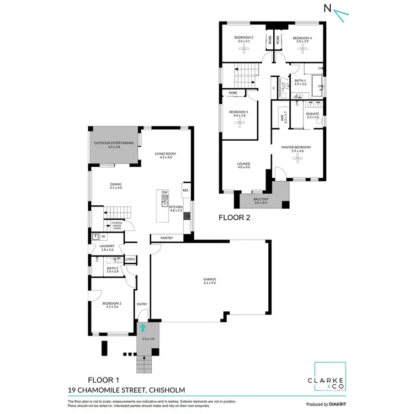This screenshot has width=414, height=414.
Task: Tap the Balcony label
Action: coord(261,200)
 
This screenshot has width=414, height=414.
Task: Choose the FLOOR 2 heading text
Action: coord(235,217)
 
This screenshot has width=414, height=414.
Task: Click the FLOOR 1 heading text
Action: coord(103,380)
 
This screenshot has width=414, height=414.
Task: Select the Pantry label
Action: coord(167,238)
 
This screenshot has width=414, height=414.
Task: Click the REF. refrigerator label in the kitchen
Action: coord(186,190)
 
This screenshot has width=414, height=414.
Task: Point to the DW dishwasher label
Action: coord(164,193)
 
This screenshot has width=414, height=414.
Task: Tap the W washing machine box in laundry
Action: coord(103,237)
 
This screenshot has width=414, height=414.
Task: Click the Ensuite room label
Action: coord(312,115)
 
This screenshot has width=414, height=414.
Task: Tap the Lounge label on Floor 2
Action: coord(243,165)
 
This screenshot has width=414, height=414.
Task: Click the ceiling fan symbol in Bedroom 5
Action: coord(239,125)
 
